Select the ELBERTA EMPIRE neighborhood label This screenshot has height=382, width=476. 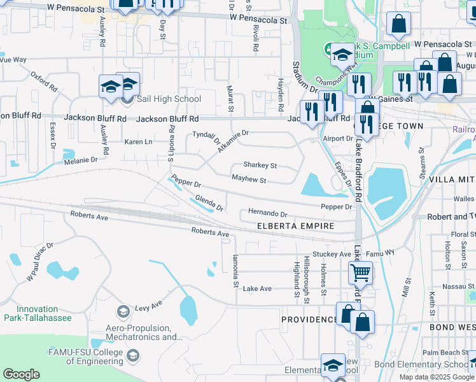(x=305, y=226)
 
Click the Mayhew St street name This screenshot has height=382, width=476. (x=248, y=181)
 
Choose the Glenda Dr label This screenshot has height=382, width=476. (x=209, y=203)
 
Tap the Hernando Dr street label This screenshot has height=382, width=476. (x=268, y=214)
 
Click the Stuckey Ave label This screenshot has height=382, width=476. (x=332, y=254)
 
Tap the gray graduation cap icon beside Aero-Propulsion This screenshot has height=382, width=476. (x=123, y=312)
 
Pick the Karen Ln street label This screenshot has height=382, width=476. (x=138, y=141)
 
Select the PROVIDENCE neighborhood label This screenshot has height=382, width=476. (x=310, y=319)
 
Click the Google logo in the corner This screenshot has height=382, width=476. (x=22, y=374)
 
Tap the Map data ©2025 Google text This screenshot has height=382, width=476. (x=437, y=377)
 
